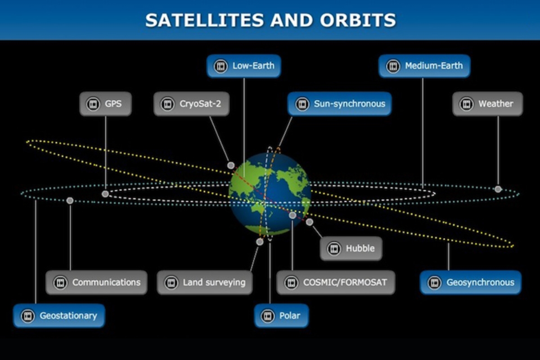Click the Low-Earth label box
click(244, 66)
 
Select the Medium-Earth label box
click(424, 66)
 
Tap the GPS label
click(106, 104)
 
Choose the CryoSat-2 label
click(191, 104)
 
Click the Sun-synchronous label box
click(339, 104)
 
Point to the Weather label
click(488, 104)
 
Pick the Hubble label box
click(351, 248)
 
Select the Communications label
click(96, 282)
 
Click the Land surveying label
click(205, 282)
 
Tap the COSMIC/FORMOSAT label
click(336, 282)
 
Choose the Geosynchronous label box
click(471, 282)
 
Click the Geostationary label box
click(59, 315)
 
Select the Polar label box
click(281, 315)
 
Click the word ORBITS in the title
click(358, 20)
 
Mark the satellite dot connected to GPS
click(105, 194)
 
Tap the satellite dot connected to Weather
click(498, 189)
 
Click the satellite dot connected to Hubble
click(310, 222)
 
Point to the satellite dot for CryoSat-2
click(231, 166)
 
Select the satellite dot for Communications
click(70, 201)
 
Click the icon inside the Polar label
click(268, 316)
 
